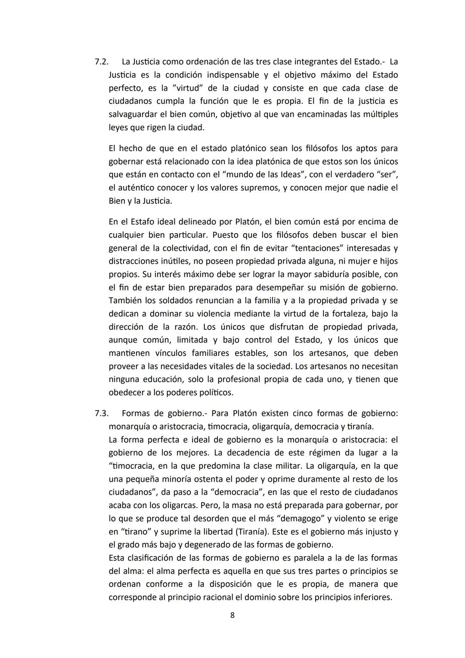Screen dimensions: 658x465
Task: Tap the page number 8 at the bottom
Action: (232, 615)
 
